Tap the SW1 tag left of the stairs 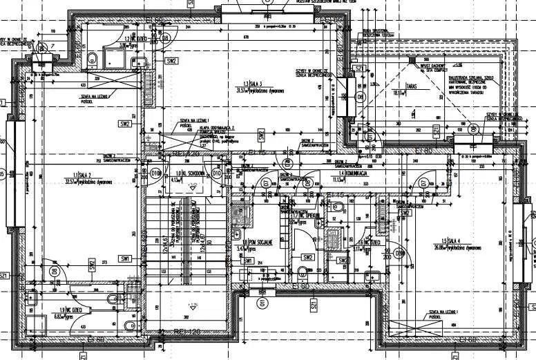click(125, 259)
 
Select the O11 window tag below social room click(262, 303)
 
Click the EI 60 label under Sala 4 click(470, 339)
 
